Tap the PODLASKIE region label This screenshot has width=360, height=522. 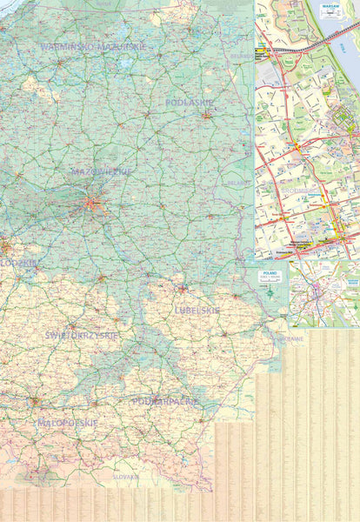pos(189,102)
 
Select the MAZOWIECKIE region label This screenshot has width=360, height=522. pos(102,171)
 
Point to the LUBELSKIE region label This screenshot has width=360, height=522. pos(197,310)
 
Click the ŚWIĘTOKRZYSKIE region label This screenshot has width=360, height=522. pos(83,334)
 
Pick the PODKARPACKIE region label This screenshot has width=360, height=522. pos(165,401)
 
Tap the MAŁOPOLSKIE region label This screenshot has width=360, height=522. pos(67,423)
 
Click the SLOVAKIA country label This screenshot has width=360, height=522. pos(126,477)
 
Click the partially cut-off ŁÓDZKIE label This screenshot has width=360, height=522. pos(19,262)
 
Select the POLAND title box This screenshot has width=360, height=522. pos(270,277)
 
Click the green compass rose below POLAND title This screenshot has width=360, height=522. pos(270,293)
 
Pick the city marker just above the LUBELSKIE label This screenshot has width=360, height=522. pos(183,289)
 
